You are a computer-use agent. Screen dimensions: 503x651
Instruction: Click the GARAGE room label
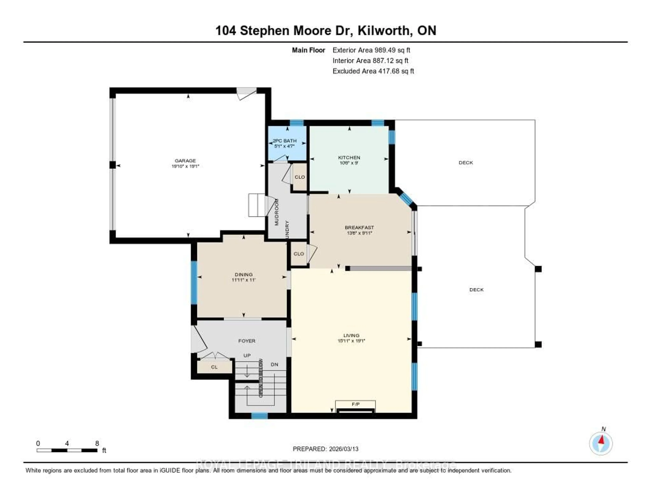click(185, 161)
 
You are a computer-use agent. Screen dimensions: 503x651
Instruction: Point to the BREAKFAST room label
click(359, 227)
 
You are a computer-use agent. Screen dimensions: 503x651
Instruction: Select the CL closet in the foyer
click(214, 367)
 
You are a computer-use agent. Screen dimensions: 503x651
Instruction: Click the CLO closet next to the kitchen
click(300, 177)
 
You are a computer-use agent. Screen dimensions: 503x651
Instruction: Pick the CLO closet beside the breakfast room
click(299, 254)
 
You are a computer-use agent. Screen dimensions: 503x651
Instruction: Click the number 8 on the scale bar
click(97, 443)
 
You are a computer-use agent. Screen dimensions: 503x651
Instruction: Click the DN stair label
click(274, 364)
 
